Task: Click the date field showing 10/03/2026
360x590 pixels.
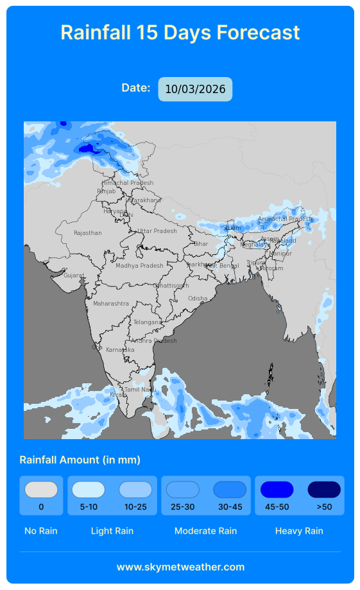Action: click(195, 89)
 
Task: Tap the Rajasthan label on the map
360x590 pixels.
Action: click(88, 233)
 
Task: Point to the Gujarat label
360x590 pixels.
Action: click(74, 275)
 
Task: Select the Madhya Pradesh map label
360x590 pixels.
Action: click(139, 266)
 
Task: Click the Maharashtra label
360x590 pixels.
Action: click(111, 304)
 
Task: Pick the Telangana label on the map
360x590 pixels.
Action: click(148, 322)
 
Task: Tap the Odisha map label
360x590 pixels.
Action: click(198, 299)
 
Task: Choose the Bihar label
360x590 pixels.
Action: click(201, 244)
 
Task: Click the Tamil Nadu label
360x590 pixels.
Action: click(140, 390)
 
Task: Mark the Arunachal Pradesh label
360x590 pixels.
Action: click(284, 219)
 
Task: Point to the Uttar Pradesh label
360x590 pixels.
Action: click(157, 231)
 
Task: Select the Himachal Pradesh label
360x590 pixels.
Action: click(128, 183)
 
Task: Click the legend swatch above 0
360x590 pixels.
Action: click(41, 490)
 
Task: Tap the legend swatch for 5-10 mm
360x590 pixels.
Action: click(89, 490)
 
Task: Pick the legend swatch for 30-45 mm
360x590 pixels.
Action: click(230, 490)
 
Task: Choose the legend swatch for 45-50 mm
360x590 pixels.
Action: click(277, 490)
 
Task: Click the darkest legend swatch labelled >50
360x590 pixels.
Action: click(324, 490)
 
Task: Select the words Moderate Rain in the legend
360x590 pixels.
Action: click(205, 531)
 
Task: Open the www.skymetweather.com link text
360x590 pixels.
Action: click(180, 567)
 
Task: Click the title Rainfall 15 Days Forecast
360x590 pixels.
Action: click(180, 33)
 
